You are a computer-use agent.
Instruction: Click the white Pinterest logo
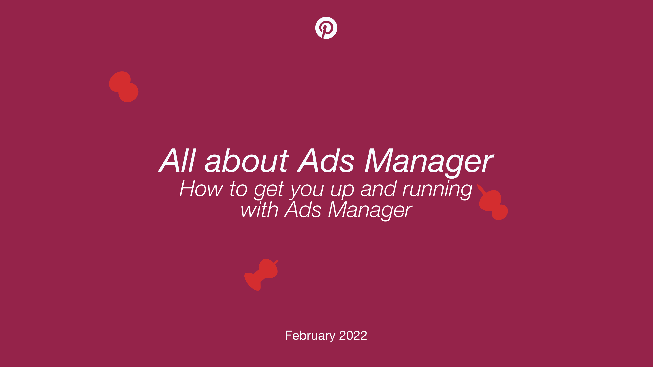[x=326, y=28]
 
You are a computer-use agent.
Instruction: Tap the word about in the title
[x=247, y=160]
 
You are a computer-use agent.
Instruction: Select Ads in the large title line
[x=326, y=160]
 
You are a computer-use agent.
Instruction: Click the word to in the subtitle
[x=239, y=189]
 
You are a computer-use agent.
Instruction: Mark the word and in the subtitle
[x=378, y=189]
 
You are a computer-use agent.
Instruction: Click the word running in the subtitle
[x=437, y=190]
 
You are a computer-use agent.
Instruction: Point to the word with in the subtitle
[x=259, y=210]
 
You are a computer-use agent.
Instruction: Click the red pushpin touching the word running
[x=492, y=202]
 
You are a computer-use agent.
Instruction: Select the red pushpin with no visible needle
[x=124, y=87]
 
